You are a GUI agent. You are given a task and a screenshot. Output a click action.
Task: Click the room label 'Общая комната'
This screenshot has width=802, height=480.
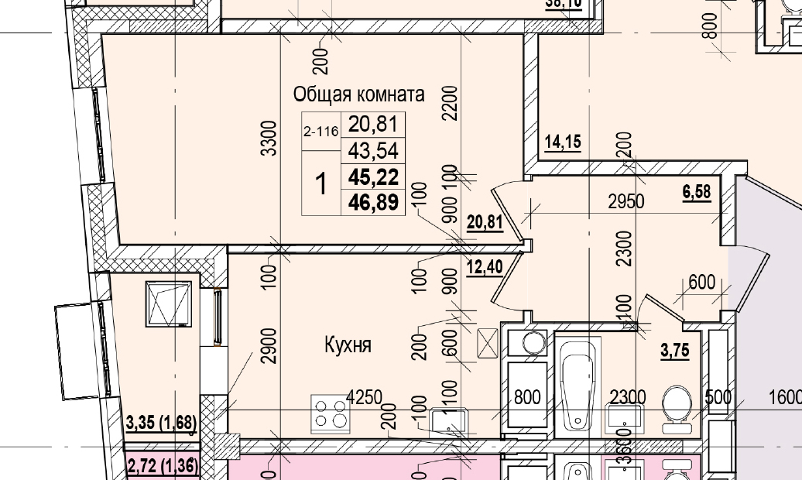358,94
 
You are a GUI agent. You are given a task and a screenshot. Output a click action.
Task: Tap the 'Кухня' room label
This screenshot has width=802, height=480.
348,345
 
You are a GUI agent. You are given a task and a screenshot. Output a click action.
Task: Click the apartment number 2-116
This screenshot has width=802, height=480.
320,132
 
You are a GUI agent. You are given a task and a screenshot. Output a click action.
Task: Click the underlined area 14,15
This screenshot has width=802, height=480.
563,142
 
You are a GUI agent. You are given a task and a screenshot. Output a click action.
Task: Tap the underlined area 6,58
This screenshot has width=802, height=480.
697,192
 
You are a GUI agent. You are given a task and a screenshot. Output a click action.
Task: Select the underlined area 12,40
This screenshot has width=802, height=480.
485,268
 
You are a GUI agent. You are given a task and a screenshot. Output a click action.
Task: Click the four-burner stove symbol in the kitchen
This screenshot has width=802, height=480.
331,413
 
